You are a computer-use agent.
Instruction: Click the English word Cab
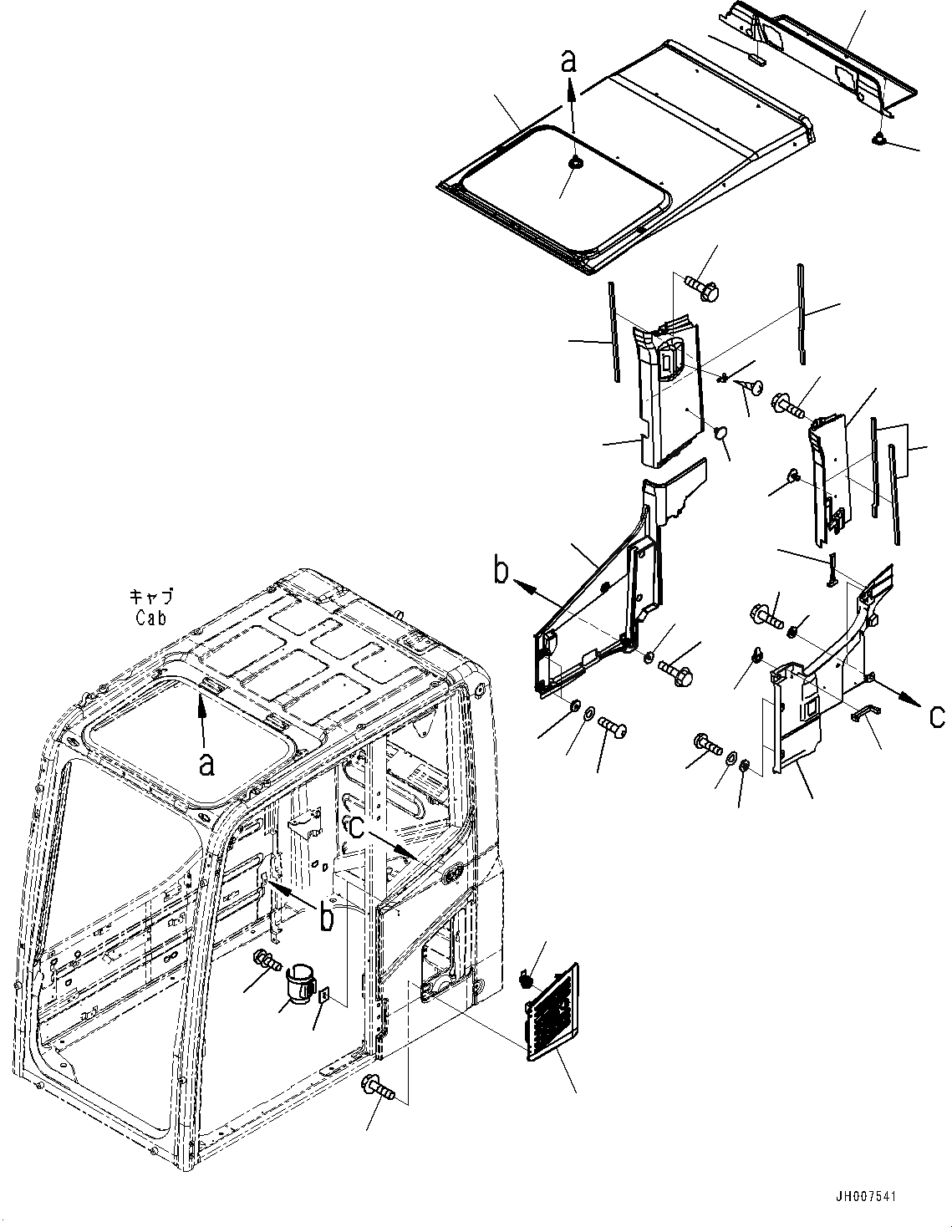coord(152,619)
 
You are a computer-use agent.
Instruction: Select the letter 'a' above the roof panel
coord(569,61)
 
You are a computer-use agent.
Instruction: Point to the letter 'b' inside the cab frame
coord(327,917)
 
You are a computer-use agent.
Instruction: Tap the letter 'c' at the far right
coord(938,715)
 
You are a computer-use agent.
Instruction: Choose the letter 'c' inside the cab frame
coord(356,827)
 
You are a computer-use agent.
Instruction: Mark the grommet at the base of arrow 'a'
coord(574,164)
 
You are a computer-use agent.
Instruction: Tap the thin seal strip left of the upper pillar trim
coord(613,331)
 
